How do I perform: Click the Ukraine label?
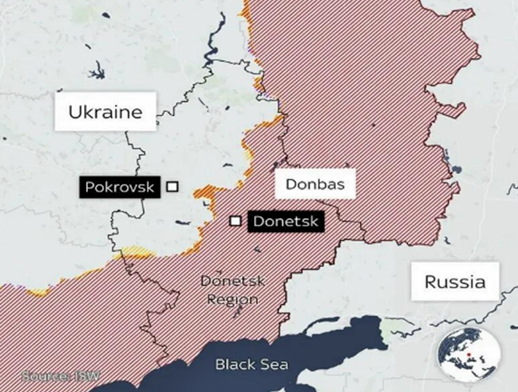(x=105, y=112)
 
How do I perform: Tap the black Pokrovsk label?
(x=119, y=187)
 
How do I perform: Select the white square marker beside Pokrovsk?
(x=172, y=187)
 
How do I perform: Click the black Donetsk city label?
(x=286, y=221)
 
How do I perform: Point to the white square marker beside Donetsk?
(x=235, y=221)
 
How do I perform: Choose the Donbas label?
(x=315, y=184)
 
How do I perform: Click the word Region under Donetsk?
(x=232, y=299)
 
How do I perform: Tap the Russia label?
(x=454, y=282)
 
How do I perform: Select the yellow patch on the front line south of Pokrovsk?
(x=133, y=252)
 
